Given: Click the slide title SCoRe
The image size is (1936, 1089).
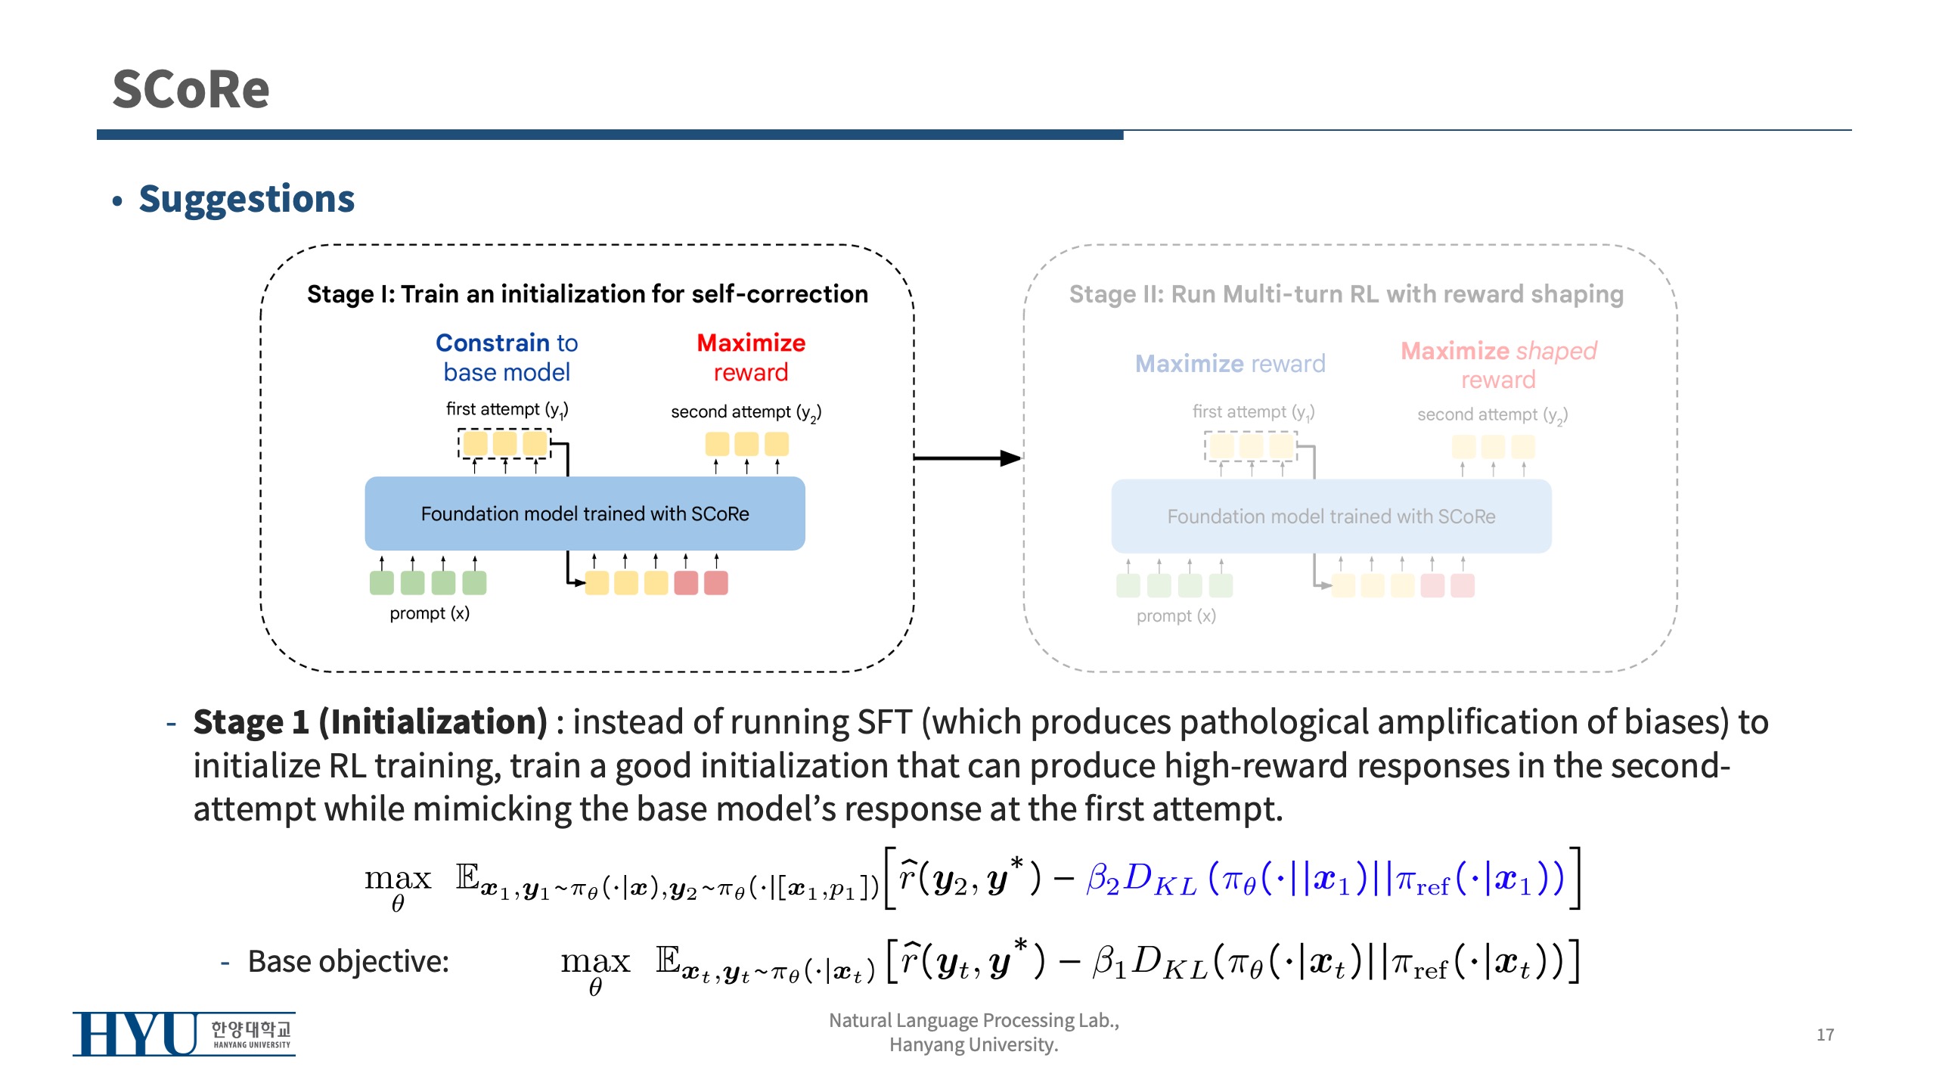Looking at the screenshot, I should (x=191, y=89).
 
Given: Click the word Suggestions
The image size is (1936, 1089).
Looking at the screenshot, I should (x=247, y=200).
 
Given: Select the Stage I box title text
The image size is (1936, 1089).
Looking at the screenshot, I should (x=587, y=294).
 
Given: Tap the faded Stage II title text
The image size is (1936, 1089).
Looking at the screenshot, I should (x=1346, y=294).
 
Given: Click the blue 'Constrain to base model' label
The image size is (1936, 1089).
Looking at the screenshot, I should (x=507, y=358).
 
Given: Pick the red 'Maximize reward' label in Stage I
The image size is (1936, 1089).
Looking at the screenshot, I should (x=751, y=358).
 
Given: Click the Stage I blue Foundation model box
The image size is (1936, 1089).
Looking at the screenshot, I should (x=585, y=514).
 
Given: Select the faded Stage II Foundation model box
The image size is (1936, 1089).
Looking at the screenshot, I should (x=1331, y=517).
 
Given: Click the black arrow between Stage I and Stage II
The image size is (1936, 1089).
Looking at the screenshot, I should (x=968, y=458).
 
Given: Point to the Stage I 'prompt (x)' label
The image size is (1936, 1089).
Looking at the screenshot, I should (x=430, y=613).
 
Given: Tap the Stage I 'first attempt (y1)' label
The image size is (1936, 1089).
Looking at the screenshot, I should (x=507, y=410).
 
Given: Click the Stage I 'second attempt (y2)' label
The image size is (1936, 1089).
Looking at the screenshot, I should (x=746, y=412).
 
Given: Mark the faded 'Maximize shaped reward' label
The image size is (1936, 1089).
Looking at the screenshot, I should (x=1498, y=365).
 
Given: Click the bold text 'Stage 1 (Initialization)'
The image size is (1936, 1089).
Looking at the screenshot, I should (x=371, y=722).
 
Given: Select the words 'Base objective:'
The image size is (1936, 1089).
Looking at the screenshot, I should (x=348, y=962).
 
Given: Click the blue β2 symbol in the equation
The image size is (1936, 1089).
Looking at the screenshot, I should (x=1102, y=879).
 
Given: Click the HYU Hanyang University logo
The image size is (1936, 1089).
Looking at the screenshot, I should (x=184, y=1034).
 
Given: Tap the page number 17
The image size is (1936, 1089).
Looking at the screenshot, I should (x=1825, y=1035).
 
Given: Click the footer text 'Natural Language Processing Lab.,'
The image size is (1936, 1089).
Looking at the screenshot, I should (x=974, y=1021).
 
